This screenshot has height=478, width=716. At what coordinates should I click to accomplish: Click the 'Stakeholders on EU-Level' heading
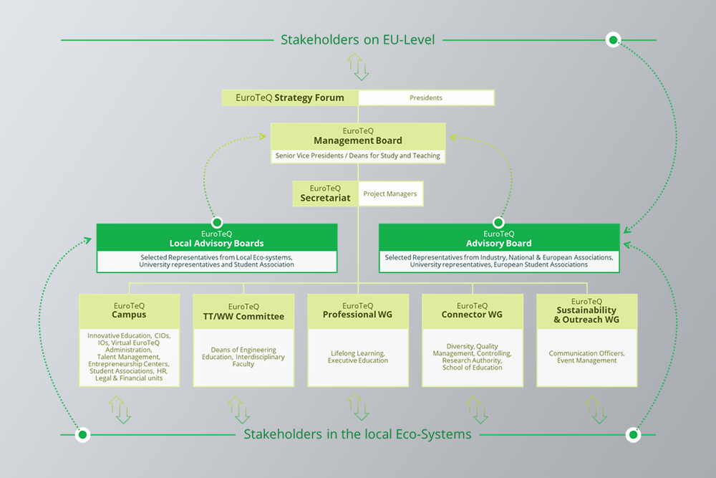pyautogui.click(x=358, y=39)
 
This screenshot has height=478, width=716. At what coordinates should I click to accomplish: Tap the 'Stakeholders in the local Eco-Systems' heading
pyautogui.click(x=358, y=434)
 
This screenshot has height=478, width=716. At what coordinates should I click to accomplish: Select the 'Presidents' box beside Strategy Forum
pyautogui.click(x=426, y=97)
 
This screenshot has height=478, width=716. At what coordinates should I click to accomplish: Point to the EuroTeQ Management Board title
pyautogui.click(x=358, y=136)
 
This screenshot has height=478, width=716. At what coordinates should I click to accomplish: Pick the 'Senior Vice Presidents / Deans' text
pyautogui.click(x=358, y=156)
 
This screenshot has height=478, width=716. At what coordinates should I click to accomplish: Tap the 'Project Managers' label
pyautogui.click(x=390, y=193)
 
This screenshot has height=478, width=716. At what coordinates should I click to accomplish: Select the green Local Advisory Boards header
pyautogui.click(x=217, y=238)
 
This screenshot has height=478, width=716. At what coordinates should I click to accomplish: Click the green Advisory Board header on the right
pyautogui.click(x=499, y=238)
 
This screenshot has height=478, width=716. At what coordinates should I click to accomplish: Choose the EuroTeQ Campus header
pyautogui.click(x=129, y=310)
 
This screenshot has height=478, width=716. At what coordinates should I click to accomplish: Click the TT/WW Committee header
pyautogui.click(x=243, y=312)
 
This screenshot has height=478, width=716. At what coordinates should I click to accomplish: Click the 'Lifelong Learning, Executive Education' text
pyautogui.click(x=358, y=357)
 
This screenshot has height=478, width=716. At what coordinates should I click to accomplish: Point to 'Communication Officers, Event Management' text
pyautogui.click(x=586, y=357)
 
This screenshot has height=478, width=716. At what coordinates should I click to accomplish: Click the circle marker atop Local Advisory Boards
pyautogui.click(x=217, y=223)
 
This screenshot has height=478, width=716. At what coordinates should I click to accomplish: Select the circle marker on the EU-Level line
pyautogui.click(x=613, y=40)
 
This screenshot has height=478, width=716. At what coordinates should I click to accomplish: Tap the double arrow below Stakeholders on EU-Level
pyautogui.click(x=358, y=67)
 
